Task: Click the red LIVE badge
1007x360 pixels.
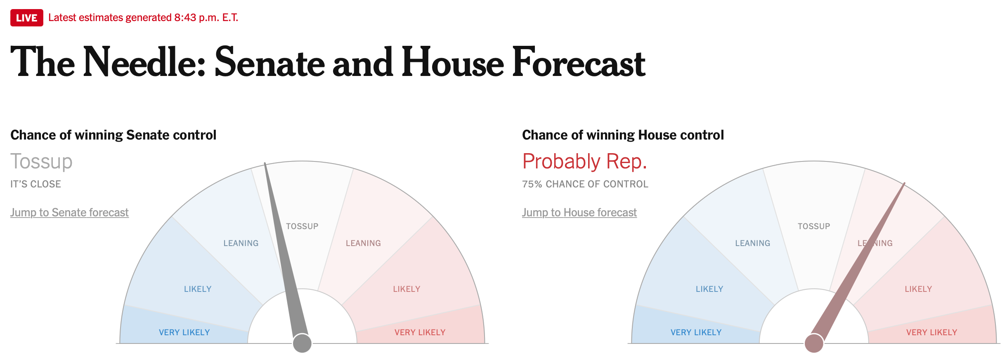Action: pos(27,18)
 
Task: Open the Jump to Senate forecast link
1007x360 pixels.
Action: pos(69,212)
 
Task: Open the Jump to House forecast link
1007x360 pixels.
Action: pos(579,212)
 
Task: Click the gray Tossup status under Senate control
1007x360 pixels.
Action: pos(41,161)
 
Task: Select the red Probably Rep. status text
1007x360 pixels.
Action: pos(584,161)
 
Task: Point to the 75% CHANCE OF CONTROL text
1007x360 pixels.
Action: pos(585,184)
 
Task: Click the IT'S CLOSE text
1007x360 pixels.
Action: pos(35,184)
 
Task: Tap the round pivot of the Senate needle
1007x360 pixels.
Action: pos(302,343)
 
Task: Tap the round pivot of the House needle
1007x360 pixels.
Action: pos(814,343)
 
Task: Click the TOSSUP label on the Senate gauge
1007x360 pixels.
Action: pos(302,226)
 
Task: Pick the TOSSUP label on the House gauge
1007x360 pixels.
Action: pos(814,226)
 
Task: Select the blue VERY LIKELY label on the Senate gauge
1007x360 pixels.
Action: pos(184,332)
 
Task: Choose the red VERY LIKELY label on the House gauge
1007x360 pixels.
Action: pos(931,332)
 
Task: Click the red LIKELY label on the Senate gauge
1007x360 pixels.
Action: pos(407,289)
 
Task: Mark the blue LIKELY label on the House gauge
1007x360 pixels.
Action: pos(709,289)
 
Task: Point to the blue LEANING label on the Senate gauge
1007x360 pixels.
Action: pos(241,243)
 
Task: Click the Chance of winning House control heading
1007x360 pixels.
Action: pos(623,135)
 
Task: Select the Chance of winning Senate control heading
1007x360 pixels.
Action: pos(113,135)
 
